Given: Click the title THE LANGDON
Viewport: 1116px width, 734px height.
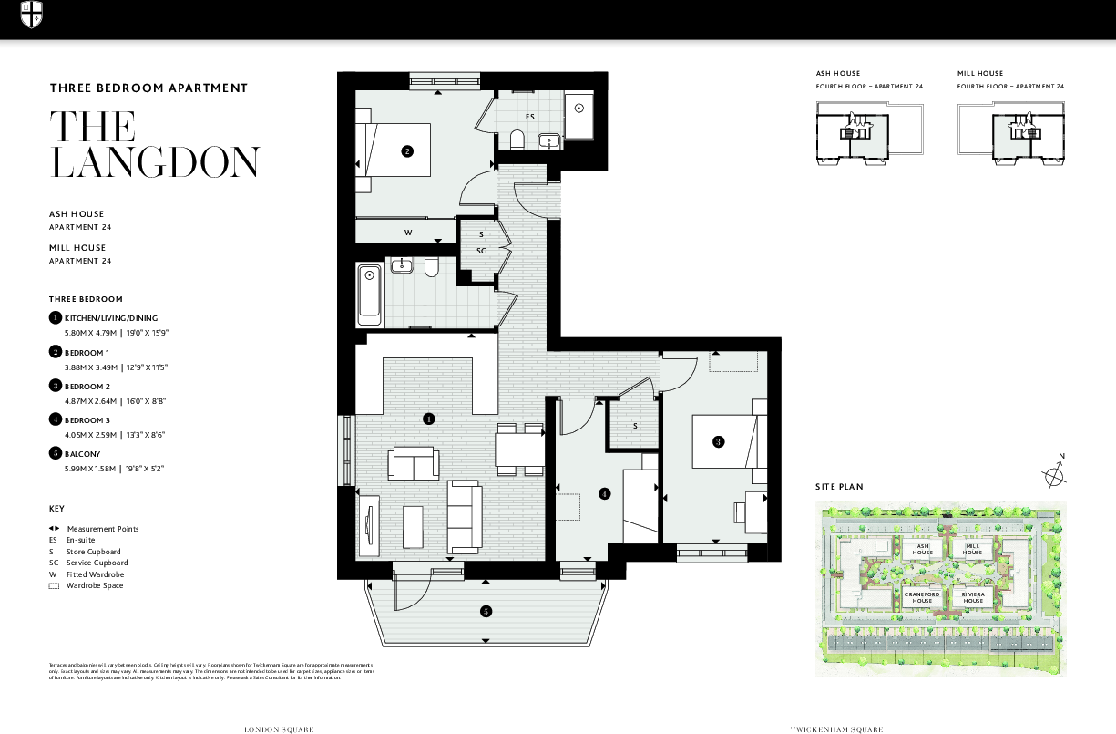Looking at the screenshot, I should [155, 144].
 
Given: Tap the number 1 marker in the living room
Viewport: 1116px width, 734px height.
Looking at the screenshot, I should [428, 419].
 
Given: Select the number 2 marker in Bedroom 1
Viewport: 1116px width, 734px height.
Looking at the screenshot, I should [407, 151].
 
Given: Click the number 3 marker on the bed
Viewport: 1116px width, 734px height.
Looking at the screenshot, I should [718, 442].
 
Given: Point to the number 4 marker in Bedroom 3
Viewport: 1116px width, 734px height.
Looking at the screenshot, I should [604, 494].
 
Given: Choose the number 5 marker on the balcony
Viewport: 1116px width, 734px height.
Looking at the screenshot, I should [486, 611].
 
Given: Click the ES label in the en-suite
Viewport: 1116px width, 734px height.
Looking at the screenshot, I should [529, 117].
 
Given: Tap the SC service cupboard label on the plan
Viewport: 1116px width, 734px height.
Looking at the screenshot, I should [481, 250].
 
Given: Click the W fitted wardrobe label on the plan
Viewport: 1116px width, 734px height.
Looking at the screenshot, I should [408, 233].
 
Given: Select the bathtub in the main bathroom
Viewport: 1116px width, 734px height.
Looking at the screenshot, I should [370, 294].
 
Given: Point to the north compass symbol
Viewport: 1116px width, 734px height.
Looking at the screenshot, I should [1055, 473].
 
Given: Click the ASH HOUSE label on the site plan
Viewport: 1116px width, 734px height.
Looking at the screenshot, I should [923, 549].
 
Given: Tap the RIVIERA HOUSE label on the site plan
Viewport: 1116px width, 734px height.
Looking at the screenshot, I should [973, 597].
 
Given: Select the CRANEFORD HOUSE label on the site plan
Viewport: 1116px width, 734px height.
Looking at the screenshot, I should [923, 597].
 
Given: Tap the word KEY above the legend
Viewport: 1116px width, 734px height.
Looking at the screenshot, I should [57, 508].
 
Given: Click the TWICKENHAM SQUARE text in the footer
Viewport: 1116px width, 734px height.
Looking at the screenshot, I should [836, 729].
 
